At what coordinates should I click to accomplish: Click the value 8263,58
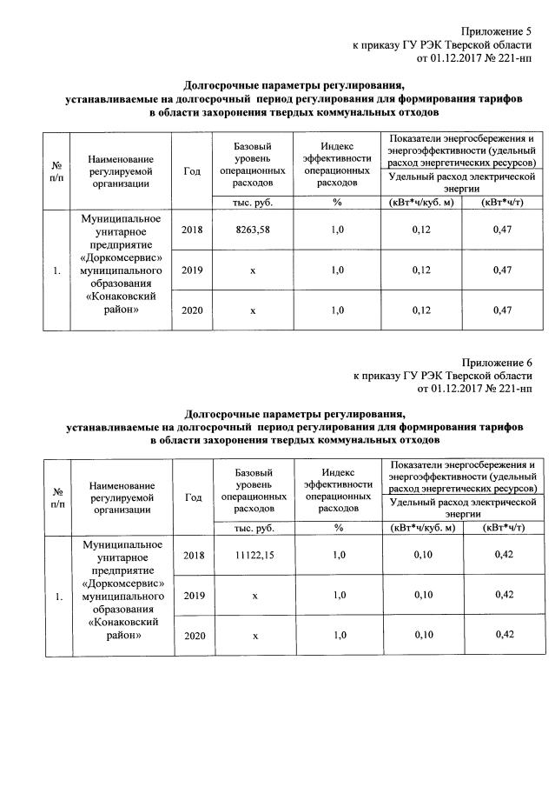tap(253, 230)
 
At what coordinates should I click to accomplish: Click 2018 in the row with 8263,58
tap(192, 230)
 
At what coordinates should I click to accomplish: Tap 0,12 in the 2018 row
tap(421, 230)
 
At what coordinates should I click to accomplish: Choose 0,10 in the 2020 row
tap(422, 635)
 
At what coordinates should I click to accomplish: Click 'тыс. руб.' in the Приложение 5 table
tap(253, 203)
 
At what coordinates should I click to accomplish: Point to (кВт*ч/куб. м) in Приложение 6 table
tap(422, 528)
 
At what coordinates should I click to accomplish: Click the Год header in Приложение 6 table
tap(193, 497)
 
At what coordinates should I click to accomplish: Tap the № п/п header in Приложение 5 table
tap(57, 171)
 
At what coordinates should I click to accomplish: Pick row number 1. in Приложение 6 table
tap(57, 597)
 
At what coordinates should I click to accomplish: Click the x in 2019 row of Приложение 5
tap(253, 270)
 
